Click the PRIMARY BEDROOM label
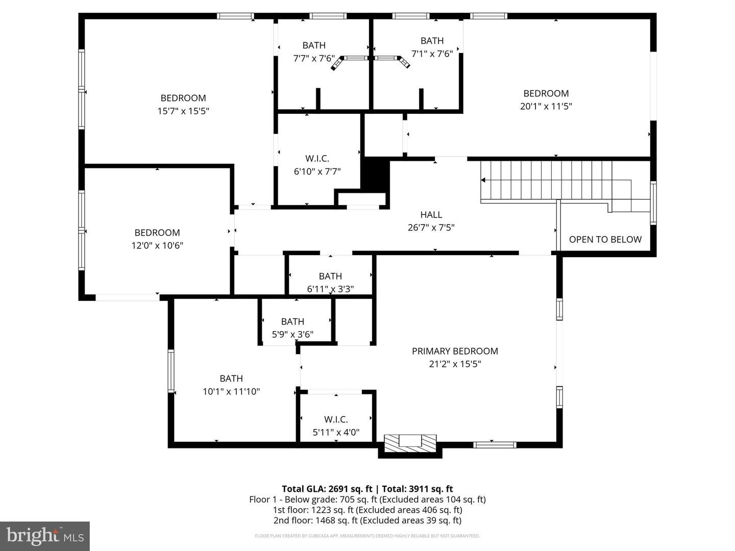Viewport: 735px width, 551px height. [x=455, y=351]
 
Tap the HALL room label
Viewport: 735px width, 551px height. [x=431, y=215]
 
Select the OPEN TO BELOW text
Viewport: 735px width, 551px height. [x=605, y=239]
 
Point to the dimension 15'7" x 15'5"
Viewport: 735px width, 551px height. [x=183, y=111]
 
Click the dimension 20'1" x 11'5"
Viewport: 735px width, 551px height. [x=546, y=106]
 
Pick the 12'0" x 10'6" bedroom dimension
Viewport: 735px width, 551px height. [x=157, y=245]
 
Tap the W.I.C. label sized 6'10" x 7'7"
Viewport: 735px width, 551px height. [x=317, y=159]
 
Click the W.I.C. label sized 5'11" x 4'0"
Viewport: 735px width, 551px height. [x=336, y=419]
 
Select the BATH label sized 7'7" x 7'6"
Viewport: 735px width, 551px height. [x=314, y=45]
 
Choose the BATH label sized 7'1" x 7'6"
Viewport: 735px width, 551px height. [x=432, y=41]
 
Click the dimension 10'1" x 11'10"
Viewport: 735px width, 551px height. [x=231, y=391]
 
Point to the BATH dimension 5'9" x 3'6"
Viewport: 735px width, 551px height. [x=292, y=334]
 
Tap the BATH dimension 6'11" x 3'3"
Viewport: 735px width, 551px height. [x=330, y=289]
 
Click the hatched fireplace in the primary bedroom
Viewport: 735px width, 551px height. [x=410, y=442]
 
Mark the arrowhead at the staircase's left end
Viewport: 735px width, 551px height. [x=483, y=180]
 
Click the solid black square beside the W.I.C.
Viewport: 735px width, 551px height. [x=376, y=174]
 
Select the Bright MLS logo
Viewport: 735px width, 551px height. [x=45, y=536]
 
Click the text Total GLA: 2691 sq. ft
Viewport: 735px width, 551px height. [x=327, y=489]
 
